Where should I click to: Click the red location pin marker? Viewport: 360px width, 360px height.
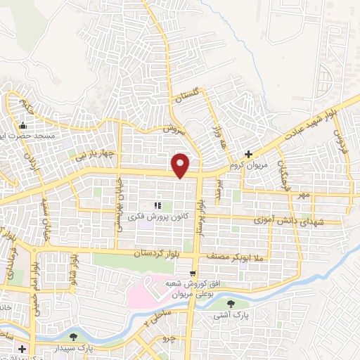click(181, 165)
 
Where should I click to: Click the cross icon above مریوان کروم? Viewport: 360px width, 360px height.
click(248, 153)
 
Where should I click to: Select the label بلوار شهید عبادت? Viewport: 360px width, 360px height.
click(322, 120)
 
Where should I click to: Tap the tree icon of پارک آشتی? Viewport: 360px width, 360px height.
click(232, 304)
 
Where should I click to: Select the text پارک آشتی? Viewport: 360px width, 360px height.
click(232, 316)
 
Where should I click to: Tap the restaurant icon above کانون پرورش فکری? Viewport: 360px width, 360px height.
click(157, 205)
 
